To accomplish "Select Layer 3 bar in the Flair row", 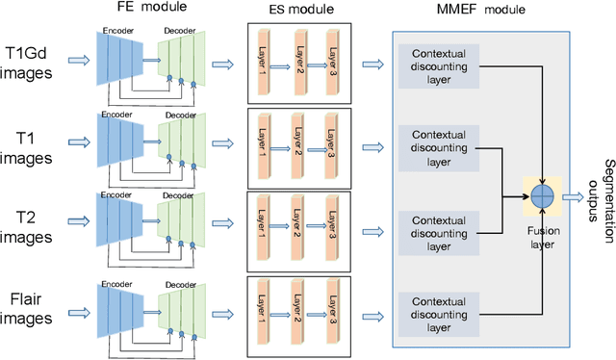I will [x=332, y=310].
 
